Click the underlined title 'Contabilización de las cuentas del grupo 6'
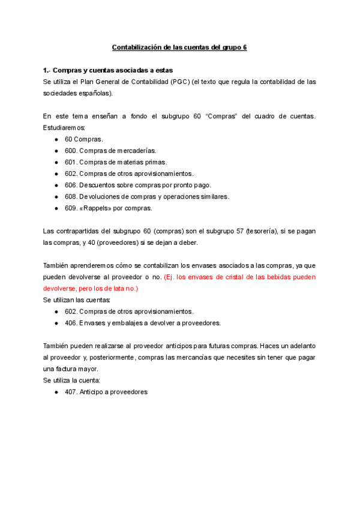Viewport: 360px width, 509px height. (x=180, y=47)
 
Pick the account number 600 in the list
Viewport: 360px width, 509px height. (x=70, y=151)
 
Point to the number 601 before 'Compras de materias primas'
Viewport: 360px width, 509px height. (x=70, y=162)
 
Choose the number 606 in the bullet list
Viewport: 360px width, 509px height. (x=70, y=185)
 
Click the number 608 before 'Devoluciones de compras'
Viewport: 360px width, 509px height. (x=70, y=196)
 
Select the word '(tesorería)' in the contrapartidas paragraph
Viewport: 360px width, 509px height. (x=252, y=232)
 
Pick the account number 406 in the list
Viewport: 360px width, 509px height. (x=70, y=323)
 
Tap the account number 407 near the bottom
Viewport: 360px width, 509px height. (x=70, y=392)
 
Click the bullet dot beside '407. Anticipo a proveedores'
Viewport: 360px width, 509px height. (x=56, y=392)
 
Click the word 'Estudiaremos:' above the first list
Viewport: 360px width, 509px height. (x=64, y=128)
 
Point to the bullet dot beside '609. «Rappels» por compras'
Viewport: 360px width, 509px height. (x=56, y=208)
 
